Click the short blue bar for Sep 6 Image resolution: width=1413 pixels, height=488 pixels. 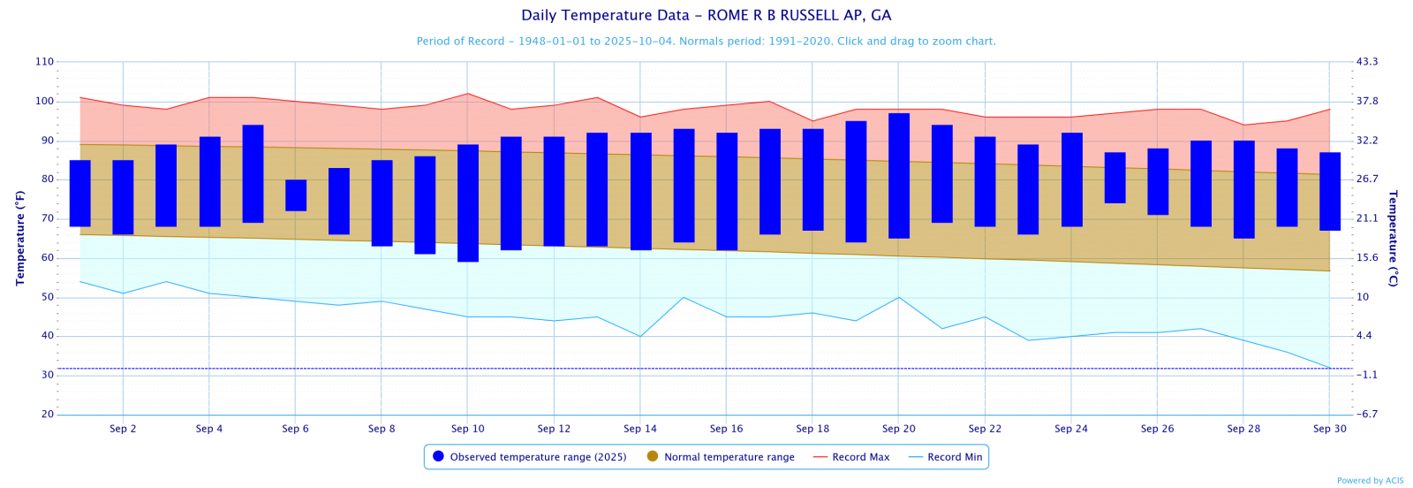pyautogui.click(x=296, y=195)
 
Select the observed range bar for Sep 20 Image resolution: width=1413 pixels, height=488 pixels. pyautogui.click(x=899, y=176)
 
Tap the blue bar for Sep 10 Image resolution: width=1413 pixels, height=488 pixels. pyautogui.click(x=468, y=203)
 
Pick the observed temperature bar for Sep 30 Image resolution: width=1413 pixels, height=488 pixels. pyautogui.click(x=1330, y=192)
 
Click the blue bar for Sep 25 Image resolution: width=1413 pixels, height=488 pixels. pyautogui.click(x=1115, y=178)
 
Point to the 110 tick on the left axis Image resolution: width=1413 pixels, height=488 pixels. pyautogui.click(x=44, y=62)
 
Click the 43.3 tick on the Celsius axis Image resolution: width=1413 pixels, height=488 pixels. pyautogui.click(x=1367, y=62)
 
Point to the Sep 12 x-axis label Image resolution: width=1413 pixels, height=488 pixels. pyautogui.click(x=554, y=429)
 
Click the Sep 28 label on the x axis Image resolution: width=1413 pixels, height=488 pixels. pyautogui.click(x=1243, y=429)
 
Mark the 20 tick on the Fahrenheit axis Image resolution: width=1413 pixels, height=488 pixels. pyautogui.click(x=47, y=415)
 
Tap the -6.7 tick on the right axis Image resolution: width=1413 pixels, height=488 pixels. pyautogui.click(x=1367, y=415)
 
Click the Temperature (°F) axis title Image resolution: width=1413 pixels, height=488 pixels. pyautogui.click(x=20, y=238)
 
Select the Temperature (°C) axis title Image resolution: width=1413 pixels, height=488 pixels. pyautogui.click(x=1393, y=238)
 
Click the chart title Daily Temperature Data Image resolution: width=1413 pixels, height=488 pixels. pyautogui.click(x=706, y=15)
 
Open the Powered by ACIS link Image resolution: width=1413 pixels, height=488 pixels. pyautogui.click(x=1370, y=481)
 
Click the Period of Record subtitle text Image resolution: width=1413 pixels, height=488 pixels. pyautogui.click(x=706, y=42)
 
